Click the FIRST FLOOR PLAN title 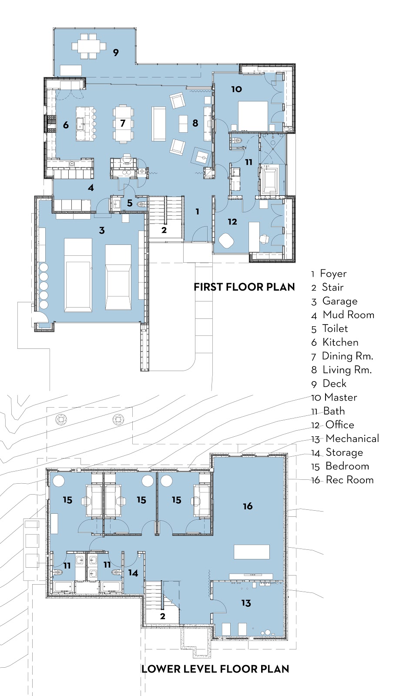[244, 287]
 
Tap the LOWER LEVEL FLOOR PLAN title [215, 669]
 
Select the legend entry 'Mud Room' [348, 315]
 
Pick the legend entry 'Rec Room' [349, 480]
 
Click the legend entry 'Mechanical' [352, 439]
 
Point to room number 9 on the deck [116, 53]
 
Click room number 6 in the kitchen [66, 125]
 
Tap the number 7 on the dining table [123, 124]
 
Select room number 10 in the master [236, 89]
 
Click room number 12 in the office [232, 222]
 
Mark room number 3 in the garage [102, 231]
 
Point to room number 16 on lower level [248, 506]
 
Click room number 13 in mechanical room [246, 603]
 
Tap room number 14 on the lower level [133, 573]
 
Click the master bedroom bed [253, 115]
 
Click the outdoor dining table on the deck [89, 46]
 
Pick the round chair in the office [226, 241]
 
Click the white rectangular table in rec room [252, 552]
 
